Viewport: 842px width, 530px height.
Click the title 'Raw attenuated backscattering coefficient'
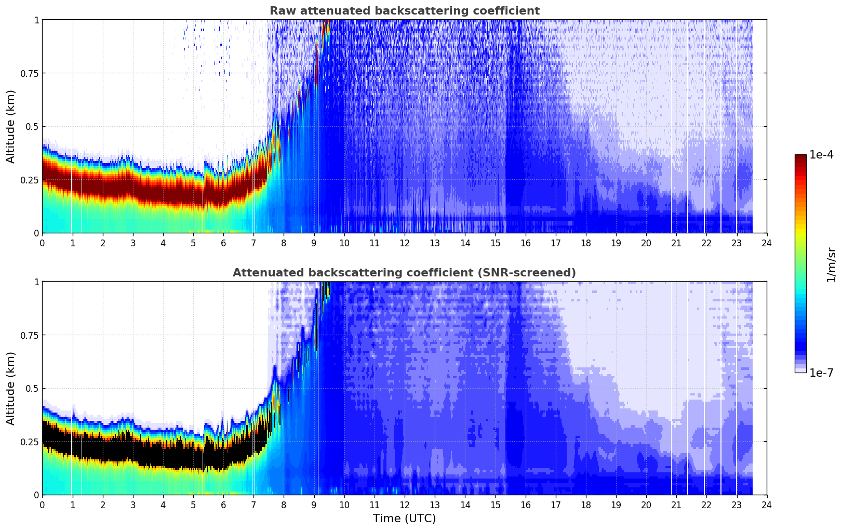coord(404,11)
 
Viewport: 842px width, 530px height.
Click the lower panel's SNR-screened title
coord(404,273)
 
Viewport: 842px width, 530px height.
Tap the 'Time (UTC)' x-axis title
coord(404,519)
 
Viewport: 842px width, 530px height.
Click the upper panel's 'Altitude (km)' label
coord(11,126)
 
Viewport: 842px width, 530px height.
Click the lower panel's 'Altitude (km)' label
coord(11,388)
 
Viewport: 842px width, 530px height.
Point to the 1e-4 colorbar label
coord(821,155)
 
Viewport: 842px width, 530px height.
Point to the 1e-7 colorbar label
coord(821,373)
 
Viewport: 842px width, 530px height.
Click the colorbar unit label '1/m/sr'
coord(831,265)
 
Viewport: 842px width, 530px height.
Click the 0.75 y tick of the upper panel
coord(30,73)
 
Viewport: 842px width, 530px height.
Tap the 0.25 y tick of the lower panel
coord(30,442)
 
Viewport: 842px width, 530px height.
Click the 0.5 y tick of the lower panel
coord(32,388)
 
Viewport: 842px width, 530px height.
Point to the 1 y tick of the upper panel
coord(36,20)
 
